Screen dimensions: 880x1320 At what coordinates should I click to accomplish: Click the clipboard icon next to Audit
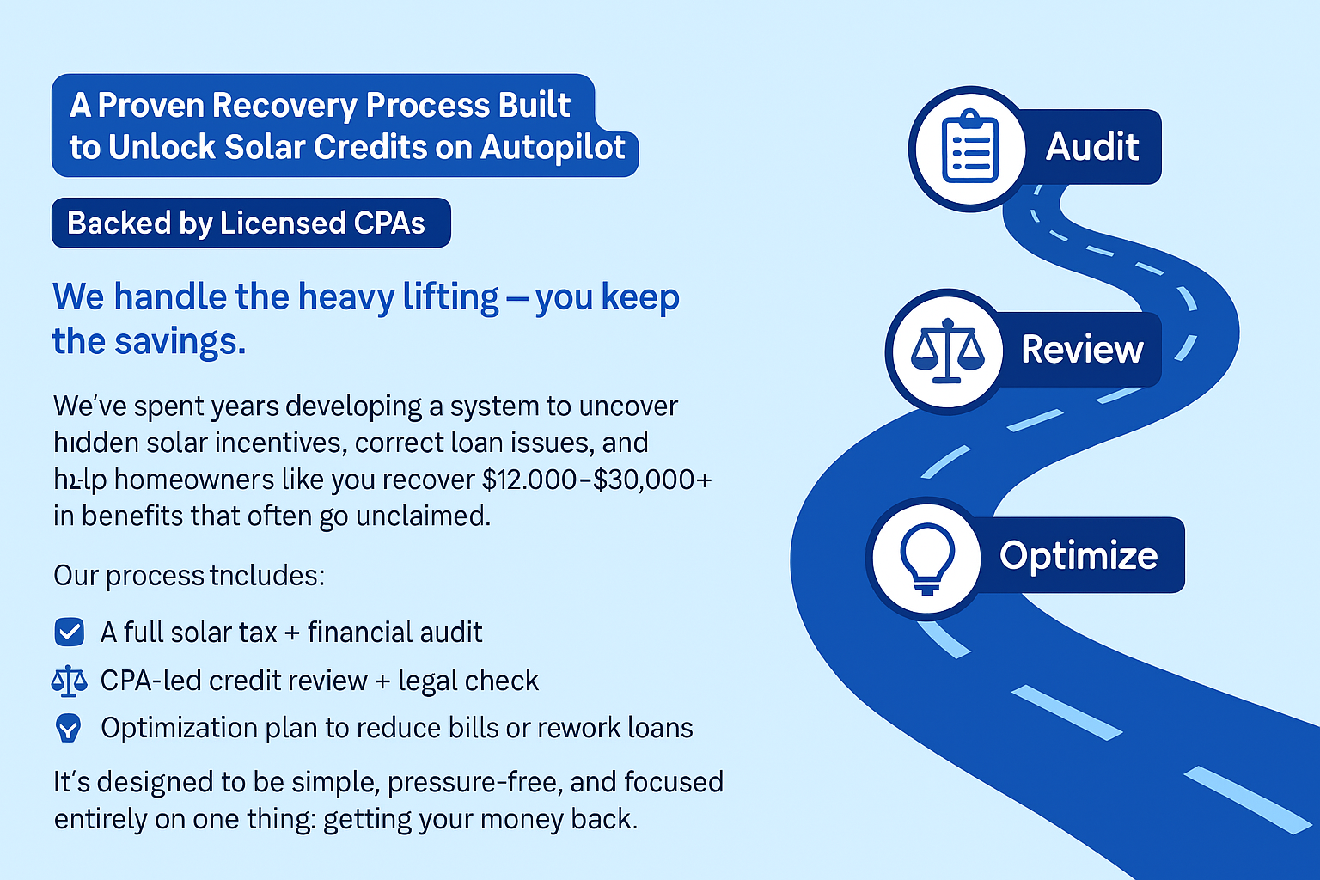(x=969, y=148)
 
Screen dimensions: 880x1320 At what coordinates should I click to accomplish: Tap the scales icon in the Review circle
(x=946, y=351)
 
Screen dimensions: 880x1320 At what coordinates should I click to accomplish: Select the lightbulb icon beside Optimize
(x=926, y=557)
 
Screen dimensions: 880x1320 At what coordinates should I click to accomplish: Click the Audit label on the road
(x=1091, y=147)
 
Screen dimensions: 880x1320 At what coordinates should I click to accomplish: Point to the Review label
(x=1081, y=350)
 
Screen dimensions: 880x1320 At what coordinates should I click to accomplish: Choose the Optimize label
(x=1078, y=555)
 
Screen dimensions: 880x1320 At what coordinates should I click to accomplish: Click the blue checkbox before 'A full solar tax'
(x=69, y=632)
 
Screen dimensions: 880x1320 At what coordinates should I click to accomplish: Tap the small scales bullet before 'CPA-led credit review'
(x=69, y=681)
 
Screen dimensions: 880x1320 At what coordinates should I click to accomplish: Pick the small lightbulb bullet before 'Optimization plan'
(x=68, y=729)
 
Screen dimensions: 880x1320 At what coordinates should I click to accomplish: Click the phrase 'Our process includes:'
(x=189, y=576)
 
